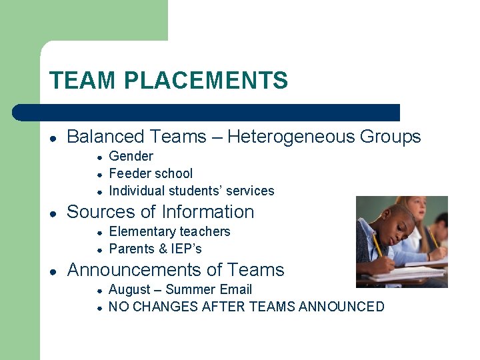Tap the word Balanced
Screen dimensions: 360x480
(x=103, y=137)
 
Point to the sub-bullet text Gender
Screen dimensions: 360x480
(x=131, y=156)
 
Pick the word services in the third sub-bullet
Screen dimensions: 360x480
(x=250, y=191)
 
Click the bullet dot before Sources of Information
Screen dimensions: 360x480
(x=53, y=213)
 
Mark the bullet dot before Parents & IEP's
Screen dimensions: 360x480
(x=98, y=249)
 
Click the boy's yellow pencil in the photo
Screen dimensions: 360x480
(x=379, y=247)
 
